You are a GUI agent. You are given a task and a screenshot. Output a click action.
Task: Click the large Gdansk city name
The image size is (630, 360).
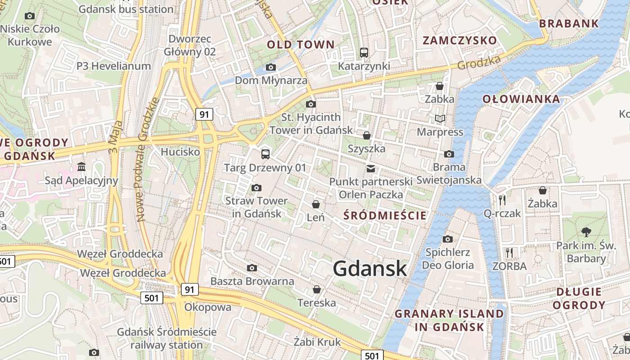coord(370,269)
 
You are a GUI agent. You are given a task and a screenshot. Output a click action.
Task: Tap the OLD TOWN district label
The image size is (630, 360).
coord(301,45)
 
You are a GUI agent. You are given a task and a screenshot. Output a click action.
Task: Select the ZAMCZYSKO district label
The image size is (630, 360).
coord(460,40)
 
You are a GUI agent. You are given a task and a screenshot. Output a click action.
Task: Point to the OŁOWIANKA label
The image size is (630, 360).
coord(522,99)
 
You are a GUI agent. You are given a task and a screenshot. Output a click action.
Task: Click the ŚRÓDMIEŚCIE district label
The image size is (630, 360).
coord(385,215)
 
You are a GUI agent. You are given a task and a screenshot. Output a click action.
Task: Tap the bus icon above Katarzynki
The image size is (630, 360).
coord(364,53)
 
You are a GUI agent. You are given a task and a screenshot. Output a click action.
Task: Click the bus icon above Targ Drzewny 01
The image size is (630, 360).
coord(265,154)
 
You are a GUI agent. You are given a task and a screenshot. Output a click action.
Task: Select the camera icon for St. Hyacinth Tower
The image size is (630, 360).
coord(310,104)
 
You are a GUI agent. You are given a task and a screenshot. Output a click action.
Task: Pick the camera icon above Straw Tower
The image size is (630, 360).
coord(256,188)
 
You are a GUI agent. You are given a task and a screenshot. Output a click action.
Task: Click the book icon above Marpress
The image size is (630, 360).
coord(440,118)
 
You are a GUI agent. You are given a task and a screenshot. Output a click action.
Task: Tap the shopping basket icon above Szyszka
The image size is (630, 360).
coord(367,135)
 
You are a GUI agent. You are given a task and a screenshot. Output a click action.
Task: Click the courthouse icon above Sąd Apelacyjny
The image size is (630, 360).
coord(81,167)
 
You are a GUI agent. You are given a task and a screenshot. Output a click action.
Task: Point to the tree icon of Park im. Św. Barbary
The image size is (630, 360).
coord(586,232)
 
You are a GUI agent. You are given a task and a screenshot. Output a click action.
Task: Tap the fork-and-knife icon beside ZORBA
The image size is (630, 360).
coord(509,253)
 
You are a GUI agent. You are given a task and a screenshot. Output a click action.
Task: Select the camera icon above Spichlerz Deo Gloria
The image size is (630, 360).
coord(447,239)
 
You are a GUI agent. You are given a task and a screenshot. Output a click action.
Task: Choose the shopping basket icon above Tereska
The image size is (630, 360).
coord(317,289)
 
